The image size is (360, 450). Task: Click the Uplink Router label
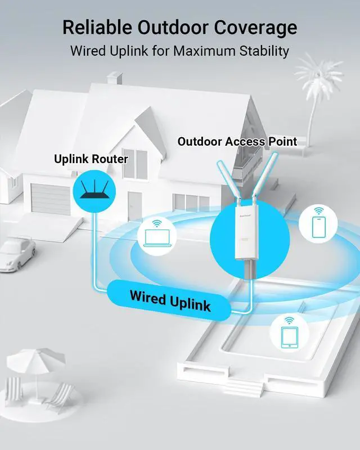coord(91,159)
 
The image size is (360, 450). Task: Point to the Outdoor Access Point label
coord(237,142)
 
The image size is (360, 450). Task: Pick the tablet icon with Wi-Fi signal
coord(288,332)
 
